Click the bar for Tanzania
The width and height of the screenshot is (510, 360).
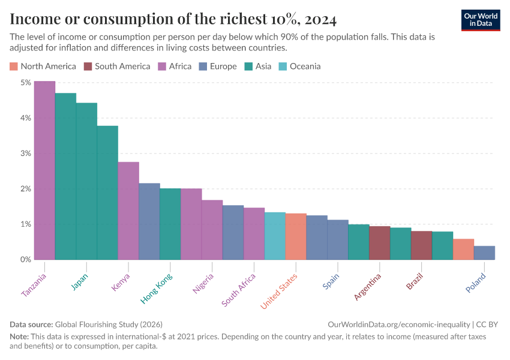click(44, 170)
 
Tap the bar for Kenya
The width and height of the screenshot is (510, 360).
click(128, 211)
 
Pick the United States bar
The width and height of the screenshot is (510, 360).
click(296, 236)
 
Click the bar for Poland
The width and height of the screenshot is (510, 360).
click(484, 253)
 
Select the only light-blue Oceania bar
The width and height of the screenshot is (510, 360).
click(275, 236)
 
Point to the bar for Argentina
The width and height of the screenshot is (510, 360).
click(379, 243)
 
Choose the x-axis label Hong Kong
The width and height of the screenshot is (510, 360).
click(157, 288)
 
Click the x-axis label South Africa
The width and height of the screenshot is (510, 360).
click(239, 290)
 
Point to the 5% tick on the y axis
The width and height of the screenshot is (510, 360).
click(25, 83)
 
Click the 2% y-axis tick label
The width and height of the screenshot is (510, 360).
click(25, 189)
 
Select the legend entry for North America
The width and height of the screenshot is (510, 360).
click(43, 66)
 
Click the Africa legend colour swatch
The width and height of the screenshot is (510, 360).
click(162, 66)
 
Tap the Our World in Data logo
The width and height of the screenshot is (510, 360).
click(481, 20)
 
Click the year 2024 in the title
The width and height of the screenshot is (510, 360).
click(320, 19)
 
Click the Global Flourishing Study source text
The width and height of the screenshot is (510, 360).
click(108, 324)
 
